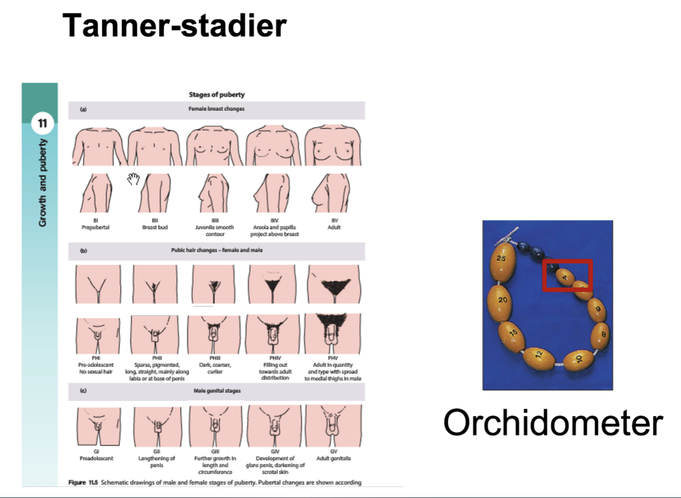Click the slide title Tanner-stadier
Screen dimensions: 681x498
[x=174, y=26]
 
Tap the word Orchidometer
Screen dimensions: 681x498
[x=553, y=422]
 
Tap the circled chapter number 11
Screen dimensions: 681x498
[x=42, y=123]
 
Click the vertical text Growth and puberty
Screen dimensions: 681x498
[x=42, y=183]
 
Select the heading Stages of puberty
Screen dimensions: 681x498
[x=216, y=94]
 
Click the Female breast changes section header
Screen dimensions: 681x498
[x=216, y=109]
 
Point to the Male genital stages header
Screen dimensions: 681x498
[x=217, y=391]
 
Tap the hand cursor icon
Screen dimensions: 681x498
[x=134, y=179]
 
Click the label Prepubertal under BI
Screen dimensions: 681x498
[x=95, y=227]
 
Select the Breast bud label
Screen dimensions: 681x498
[x=155, y=227]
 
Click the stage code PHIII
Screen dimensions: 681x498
[x=215, y=358]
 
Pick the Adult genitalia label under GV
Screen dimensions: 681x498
[x=333, y=458]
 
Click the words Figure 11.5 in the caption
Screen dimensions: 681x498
[x=83, y=482]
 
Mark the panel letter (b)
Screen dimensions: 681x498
[x=83, y=251]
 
